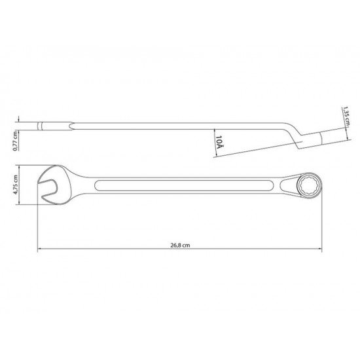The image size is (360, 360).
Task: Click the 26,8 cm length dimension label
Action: (180, 245)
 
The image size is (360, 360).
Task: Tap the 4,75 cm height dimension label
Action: (16, 185)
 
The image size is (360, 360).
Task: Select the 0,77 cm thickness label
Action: (16, 141)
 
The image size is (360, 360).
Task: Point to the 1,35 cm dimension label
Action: (346, 116)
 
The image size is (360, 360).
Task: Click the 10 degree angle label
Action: (219, 142)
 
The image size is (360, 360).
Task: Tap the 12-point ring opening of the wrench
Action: (308, 185)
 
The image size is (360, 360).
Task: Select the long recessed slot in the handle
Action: (185, 185)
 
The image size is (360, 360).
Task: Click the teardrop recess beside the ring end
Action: (288, 185)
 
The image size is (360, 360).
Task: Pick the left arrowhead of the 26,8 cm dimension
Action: (39, 249)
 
